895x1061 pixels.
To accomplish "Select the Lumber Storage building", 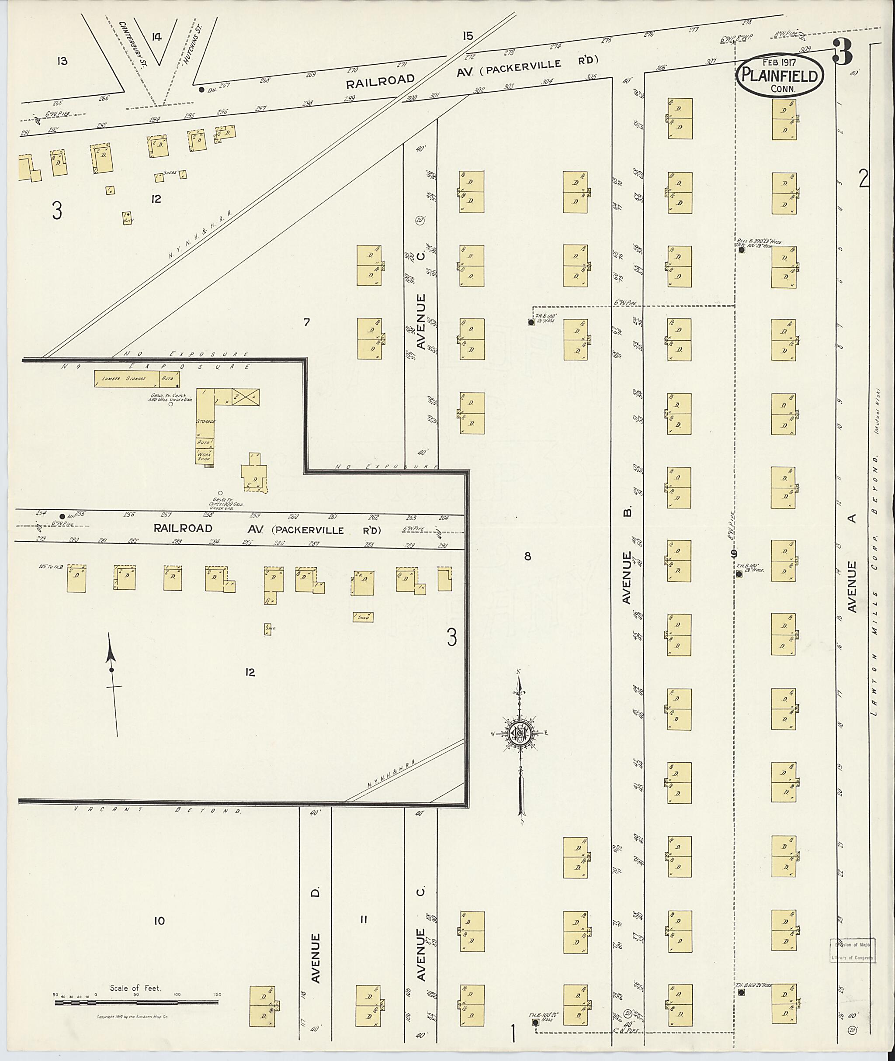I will pyautogui.click(x=124, y=378).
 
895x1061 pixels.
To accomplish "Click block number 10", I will pyautogui.click(x=160, y=920).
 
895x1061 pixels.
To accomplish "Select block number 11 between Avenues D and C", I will pyautogui.click(x=363, y=919).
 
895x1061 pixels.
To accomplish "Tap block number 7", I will pyautogui.click(x=306, y=321).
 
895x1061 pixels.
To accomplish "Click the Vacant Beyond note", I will pyautogui.click(x=157, y=810).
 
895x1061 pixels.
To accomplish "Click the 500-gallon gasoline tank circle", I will pyautogui.click(x=170, y=404).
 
